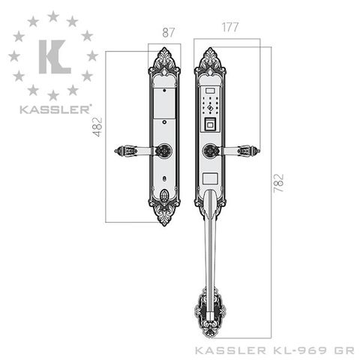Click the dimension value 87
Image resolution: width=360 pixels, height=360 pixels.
[168, 33]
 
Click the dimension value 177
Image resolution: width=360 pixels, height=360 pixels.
[230, 27]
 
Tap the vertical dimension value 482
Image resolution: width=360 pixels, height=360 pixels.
[97, 127]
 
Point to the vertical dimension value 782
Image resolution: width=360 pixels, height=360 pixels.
[279, 183]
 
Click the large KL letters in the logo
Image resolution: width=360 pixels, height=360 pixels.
[55, 57]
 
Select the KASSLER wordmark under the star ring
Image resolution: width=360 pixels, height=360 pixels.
[55, 109]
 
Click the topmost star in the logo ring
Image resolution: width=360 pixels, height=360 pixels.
[53, 16]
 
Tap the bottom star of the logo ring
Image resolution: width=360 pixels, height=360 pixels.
[53, 95]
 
